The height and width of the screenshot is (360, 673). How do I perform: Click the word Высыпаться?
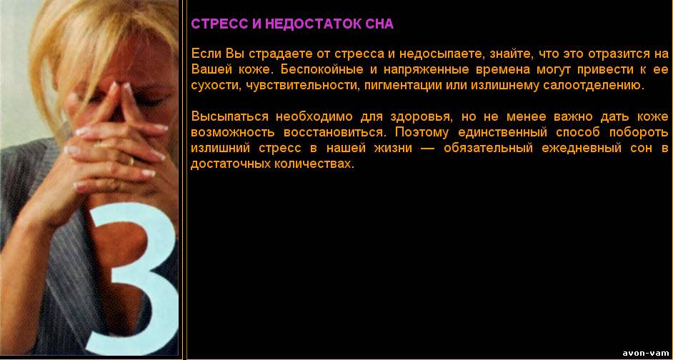(230, 116)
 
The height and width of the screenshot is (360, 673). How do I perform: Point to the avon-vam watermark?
(646, 353)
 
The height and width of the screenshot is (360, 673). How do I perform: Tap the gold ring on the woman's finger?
(131, 161)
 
